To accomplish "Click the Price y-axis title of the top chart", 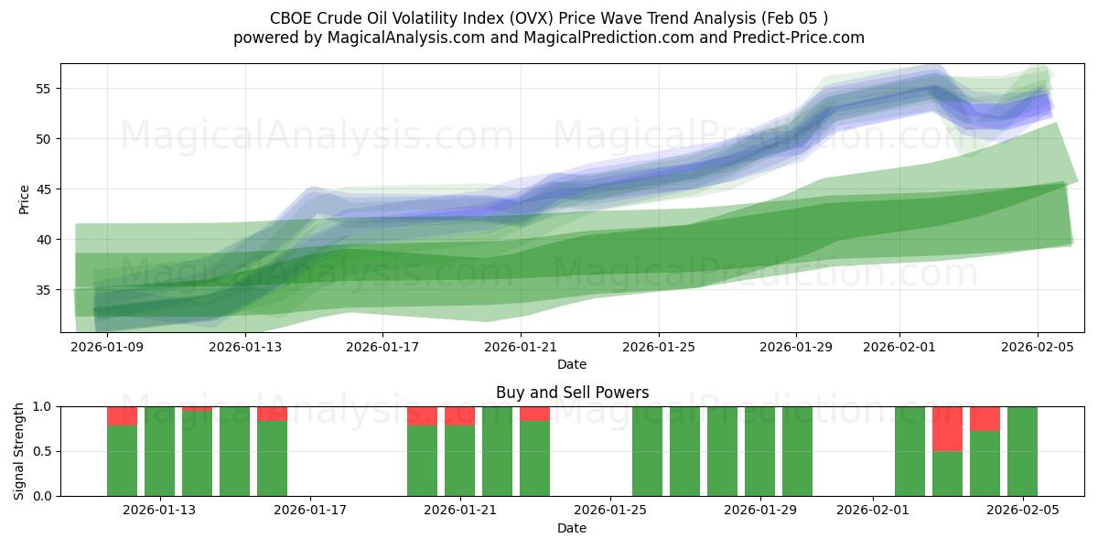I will pyautogui.click(x=25, y=199).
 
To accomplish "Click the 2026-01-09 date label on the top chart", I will pyautogui.click(x=107, y=347).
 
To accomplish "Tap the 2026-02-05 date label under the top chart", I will pyautogui.click(x=1037, y=347).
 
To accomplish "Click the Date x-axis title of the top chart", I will pyautogui.click(x=572, y=364).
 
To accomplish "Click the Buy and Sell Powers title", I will pyautogui.click(x=572, y=393).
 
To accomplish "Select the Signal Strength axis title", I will pyautogui.click(x=19, y=450).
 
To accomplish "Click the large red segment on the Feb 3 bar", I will pyautogui.click(x=947, y=428).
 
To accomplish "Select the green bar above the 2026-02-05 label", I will pyautogui.click(x=1022, y=451).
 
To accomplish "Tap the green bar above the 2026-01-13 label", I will pyautogui.click(x=160, y=451).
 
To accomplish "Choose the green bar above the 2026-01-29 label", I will pyautogui.click(x=759, y=451).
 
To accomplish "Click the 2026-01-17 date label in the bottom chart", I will pyautogui.click(x=310, y=511).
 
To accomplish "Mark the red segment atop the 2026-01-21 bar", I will pyautogui.click(x=459, y=415).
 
